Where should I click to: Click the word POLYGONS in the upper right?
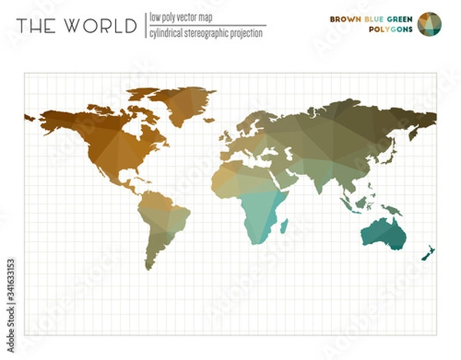point(390,30)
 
